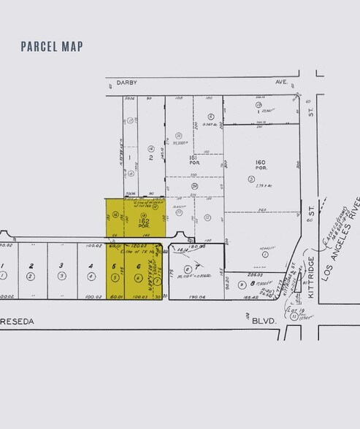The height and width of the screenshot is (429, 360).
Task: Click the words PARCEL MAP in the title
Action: click(x=52, y=47)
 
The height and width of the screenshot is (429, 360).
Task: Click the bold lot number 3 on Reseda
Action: click(x=61, y=266)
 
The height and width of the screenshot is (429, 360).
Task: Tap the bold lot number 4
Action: click(x=91, y=266)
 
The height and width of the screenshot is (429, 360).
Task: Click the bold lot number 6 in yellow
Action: click(x=138, y=266)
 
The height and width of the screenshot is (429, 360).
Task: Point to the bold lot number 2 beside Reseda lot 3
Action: click(x=32, y=266)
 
